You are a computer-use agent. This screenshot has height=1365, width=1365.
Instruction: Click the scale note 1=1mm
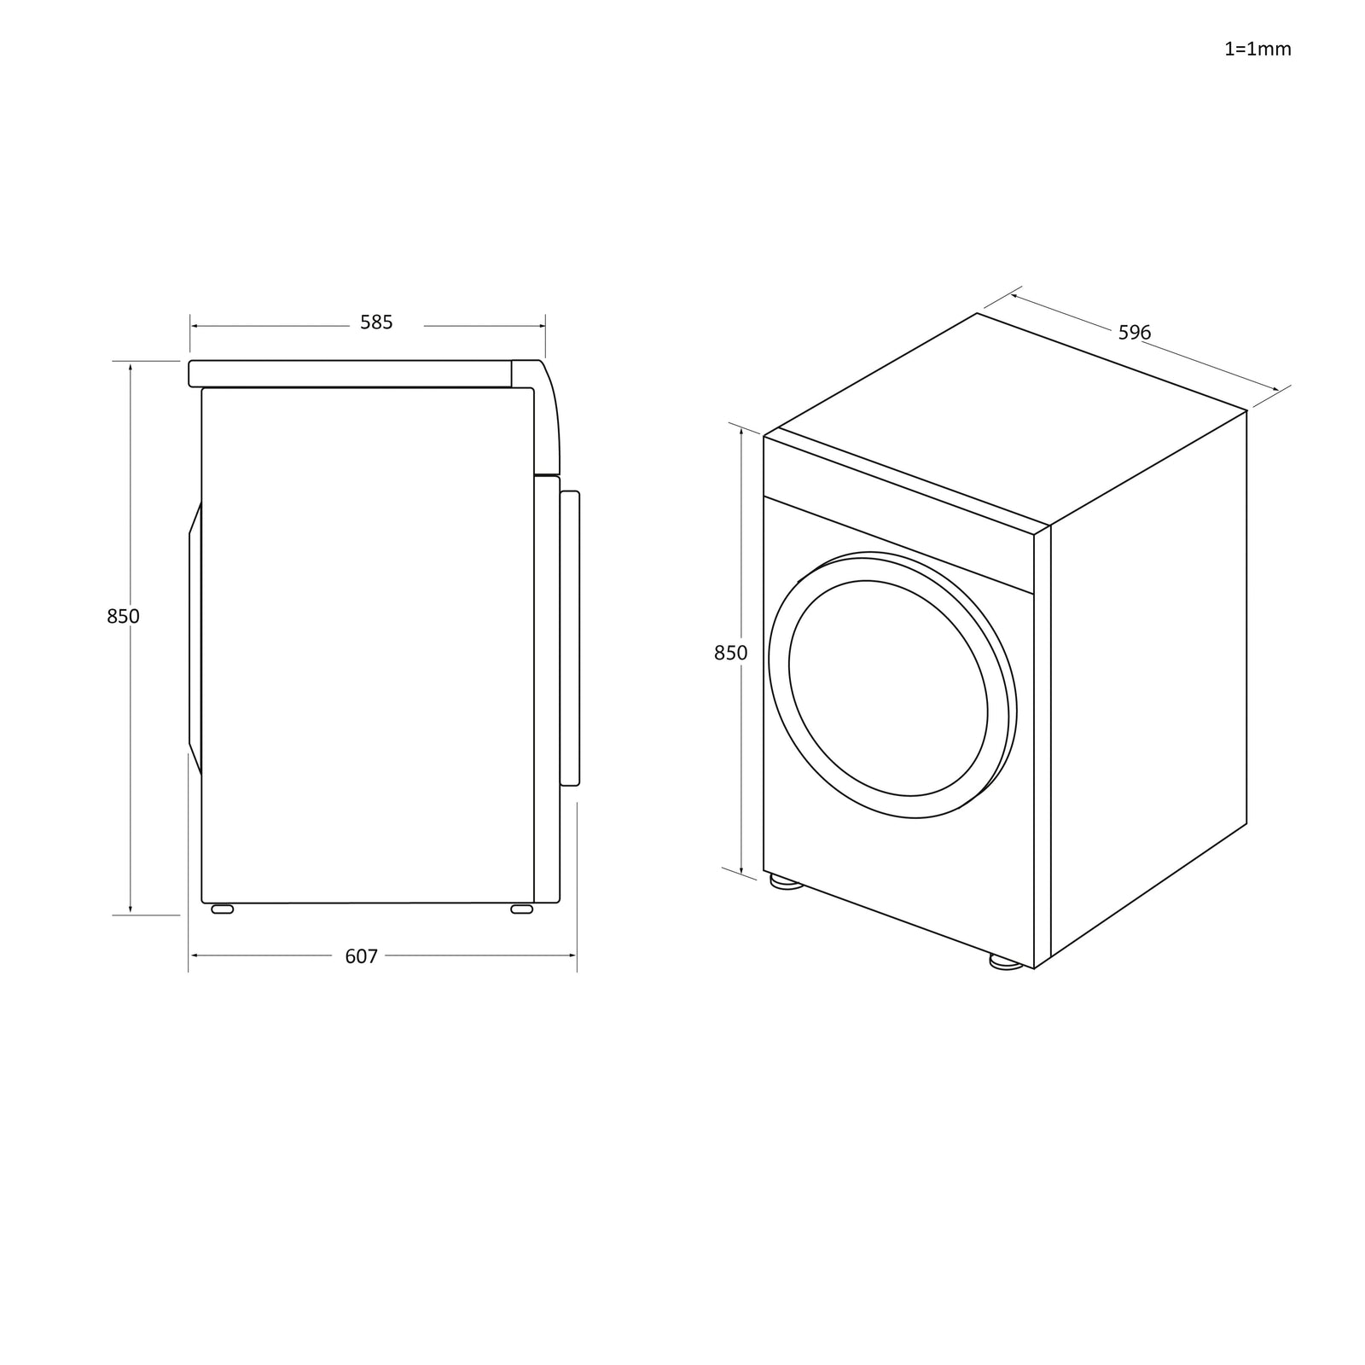coord(1258,49)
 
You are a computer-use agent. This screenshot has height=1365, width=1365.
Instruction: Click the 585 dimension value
coord(376,322)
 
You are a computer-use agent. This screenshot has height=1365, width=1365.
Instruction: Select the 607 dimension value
coord(361,956)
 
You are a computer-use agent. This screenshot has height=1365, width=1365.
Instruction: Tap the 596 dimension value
coord(1135,333)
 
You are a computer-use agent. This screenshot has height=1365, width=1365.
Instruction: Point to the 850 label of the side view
coord(123,616)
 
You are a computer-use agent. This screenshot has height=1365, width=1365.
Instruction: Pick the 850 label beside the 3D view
coord(730,653)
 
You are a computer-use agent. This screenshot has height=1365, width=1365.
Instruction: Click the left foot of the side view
coord(222,909)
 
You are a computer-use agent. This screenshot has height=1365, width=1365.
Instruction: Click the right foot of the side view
coord(521,909)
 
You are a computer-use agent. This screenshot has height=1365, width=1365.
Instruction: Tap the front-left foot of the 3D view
coord(786,882)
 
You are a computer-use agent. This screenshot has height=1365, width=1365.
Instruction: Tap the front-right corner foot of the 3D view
coord(1007,962)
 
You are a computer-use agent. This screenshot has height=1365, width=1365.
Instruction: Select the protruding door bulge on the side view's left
coord(195,640)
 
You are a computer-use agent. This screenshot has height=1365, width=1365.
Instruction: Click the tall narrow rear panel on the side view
coord(570,637)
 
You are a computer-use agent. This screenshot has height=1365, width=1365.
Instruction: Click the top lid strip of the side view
coord(350,374)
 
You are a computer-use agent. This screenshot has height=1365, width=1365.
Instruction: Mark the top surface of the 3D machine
coord(1007,418)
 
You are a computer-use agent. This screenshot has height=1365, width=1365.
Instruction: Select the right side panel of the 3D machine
coord(1147,682)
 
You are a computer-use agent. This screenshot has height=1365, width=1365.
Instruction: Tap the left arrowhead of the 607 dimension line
coord(193,956)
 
